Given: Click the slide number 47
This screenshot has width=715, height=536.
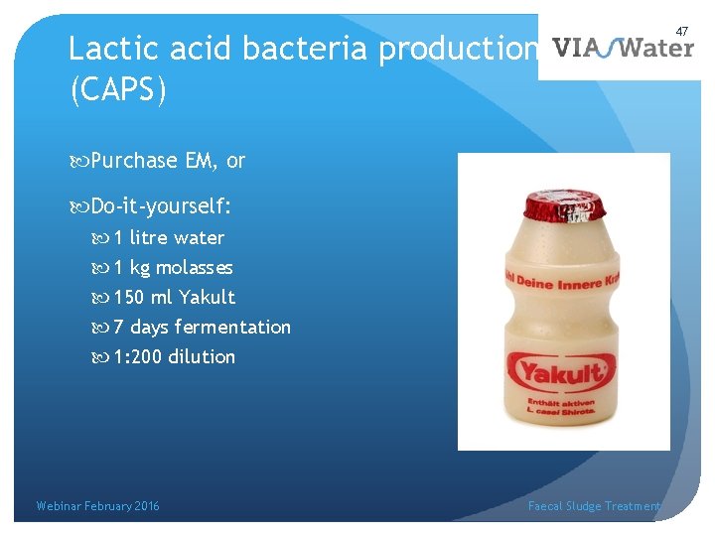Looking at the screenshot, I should pyautogui.click(x=682, y=32).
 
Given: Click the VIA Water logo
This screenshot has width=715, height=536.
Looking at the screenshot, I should pyautogui.click(x=622, y=49).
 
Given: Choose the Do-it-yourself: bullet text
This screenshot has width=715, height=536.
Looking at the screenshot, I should pyautogui.click(x=161, y=206).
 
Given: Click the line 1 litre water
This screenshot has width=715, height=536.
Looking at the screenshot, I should pyautogui.click(x=169, y=237).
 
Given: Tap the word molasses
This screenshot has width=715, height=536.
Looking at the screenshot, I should pyautogui.click(x=195, y=267).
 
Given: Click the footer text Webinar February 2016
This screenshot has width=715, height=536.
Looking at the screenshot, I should pyautogui.click(x=97, y=506).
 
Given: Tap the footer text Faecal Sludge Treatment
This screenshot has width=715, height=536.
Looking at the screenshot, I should pyautogui.click(x=594, y=506).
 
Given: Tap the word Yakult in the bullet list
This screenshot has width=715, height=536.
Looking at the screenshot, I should pyautogui.click(x=208, y=297).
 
